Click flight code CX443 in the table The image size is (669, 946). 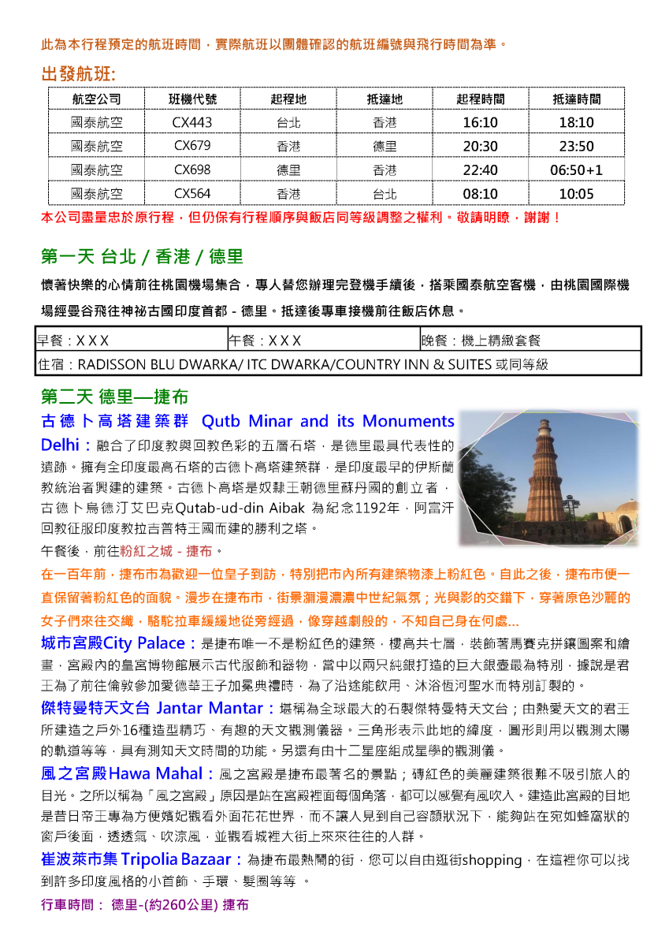[x=193, y=123]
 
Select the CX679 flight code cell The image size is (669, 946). [x=193, y=147]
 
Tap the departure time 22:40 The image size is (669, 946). [x=481, y=170]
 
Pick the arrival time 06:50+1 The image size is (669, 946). [x=576, y=170]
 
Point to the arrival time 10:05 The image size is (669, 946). [x=576, y=194]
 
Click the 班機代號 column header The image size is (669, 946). [x=193, y=99]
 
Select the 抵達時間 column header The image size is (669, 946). [x=576, y=99]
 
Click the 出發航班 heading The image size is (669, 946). [x=79, y=75]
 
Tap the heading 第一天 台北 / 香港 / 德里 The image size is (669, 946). [x=142, y=256]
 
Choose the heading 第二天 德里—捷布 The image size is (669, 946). [x=114, y=396]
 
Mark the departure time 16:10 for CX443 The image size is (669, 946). [x=481, y=123]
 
